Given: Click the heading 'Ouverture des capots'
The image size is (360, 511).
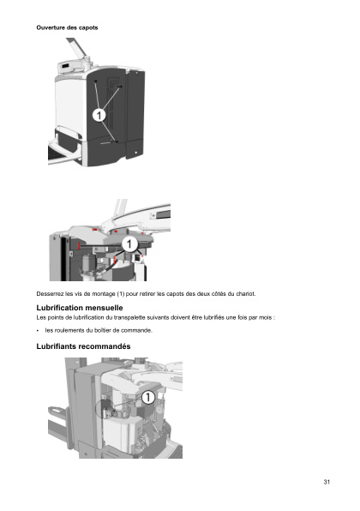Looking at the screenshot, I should pyautogui.click(x=67, y=27).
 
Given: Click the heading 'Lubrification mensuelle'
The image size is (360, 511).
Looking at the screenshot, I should pyautogui.click(x=80, y=307).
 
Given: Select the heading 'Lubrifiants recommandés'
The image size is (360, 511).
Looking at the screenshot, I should pyautogui.click(x=83, y=346).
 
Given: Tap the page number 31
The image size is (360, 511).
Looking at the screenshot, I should pyautogui.click(x=327, y=482).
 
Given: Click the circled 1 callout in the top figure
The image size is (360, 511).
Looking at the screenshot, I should pyautogui.click(x=99, y=114).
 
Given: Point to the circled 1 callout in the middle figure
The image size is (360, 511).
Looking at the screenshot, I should pyautogui.click(x=129, y=244).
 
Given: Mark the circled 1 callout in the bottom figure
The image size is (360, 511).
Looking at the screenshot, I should pyautogui.click(x=147, y=397).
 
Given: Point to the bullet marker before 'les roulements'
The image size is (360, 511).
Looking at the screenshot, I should pyautogui.click(x=39, y=330).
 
